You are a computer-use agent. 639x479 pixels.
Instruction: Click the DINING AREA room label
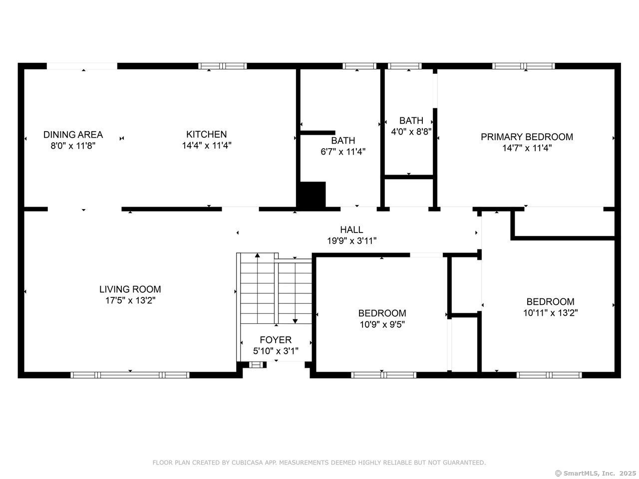73,135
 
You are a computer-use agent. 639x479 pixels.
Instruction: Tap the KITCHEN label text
206,134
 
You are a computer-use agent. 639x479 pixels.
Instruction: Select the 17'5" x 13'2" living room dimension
130,300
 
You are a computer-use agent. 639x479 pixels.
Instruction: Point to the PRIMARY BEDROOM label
527,137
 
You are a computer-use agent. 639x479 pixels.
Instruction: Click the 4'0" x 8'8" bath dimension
411,131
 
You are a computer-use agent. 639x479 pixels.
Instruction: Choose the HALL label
351,230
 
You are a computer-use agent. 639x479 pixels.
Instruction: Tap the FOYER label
276,340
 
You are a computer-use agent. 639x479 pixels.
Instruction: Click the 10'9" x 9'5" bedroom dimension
382,324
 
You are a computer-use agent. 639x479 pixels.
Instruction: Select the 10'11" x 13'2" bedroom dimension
550,313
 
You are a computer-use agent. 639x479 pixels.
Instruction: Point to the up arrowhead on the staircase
257,255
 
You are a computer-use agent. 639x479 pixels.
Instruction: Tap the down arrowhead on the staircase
295,321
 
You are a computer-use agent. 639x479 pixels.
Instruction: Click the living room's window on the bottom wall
130,375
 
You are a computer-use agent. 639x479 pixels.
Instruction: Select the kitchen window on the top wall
223,66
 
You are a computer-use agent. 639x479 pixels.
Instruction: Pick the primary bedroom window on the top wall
523,66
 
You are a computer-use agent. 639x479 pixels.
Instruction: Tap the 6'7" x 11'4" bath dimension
343,152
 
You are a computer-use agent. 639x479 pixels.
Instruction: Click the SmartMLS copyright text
596,473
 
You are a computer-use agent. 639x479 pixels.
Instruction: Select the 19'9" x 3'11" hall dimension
351,241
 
